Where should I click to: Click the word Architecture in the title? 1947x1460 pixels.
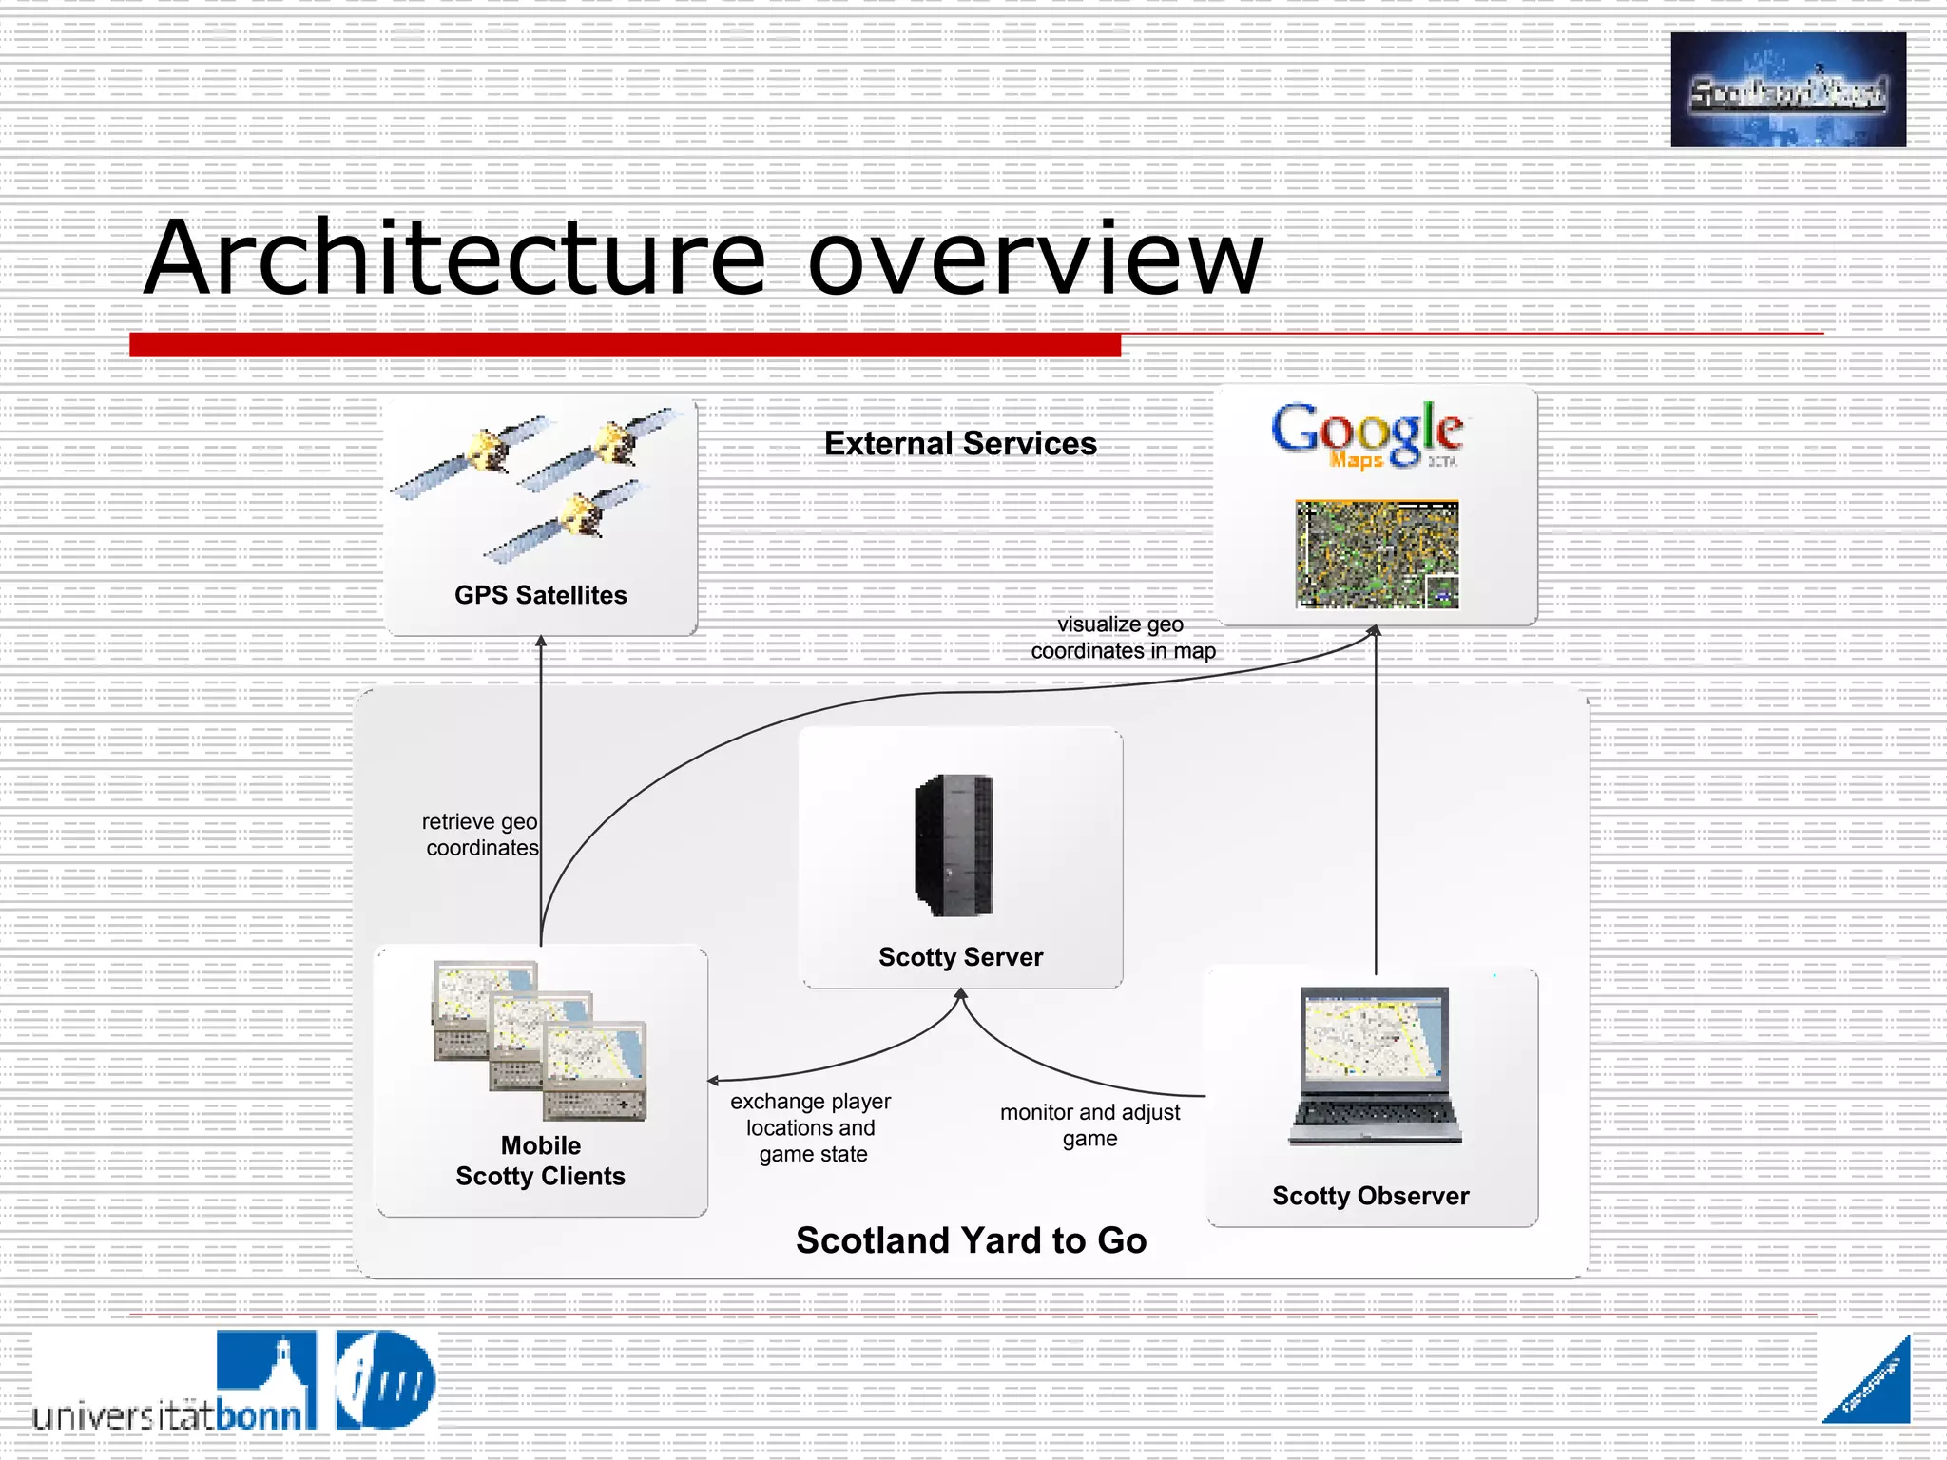click(454, 259)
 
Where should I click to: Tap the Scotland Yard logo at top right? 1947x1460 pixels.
click(1787, 90)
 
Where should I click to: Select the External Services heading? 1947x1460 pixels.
click(960, 444)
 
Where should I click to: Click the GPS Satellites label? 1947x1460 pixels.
click(540, 595)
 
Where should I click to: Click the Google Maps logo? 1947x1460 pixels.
click(1367, 434)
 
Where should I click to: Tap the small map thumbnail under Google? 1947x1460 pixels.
click(1376, 554)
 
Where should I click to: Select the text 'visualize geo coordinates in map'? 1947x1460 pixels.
click(1122, 638)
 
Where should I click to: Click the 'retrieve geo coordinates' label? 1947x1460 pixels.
click(481, 835)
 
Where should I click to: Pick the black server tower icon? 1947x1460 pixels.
click(954, 845)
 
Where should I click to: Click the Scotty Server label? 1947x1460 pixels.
click(960, 957)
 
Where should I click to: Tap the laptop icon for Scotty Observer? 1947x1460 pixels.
click(1375, 1065)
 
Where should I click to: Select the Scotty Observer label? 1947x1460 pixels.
click(1370, 1196)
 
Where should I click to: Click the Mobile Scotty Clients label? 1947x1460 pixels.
click(540, 1161)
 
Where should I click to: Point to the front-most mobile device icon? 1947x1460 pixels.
click(595, 1072)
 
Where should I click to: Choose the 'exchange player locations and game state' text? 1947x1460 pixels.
click(811, 1128)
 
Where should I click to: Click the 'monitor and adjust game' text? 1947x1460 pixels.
click(1089, 1124)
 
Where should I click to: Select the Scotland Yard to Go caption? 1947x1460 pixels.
click(971, 1240)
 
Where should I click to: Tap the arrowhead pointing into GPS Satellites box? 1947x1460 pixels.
click(541, 642)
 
